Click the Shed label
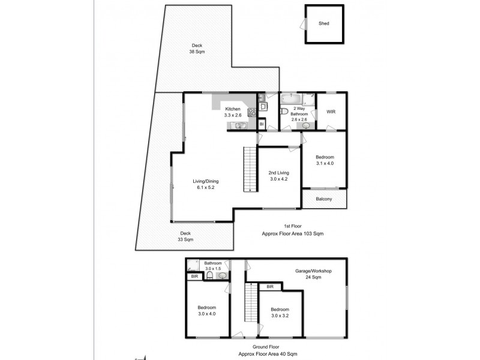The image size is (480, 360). [324, 24]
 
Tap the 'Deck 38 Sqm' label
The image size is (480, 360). [196, 49]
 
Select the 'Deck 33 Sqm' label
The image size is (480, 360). [185, 236]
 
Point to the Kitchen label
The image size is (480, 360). [232, 109]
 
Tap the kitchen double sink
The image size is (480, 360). [239, 126]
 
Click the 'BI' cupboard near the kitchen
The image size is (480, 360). [262, 124]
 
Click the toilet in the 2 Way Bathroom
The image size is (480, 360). [284, 112]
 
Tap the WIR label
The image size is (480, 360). [331, 112]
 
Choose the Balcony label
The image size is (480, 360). [324, 199]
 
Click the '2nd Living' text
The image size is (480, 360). [278, 173]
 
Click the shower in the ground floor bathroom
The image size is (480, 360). [193, 266]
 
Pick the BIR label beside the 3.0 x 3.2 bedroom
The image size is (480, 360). [270, 287]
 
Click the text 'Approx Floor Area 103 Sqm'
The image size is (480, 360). [293, 233]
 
